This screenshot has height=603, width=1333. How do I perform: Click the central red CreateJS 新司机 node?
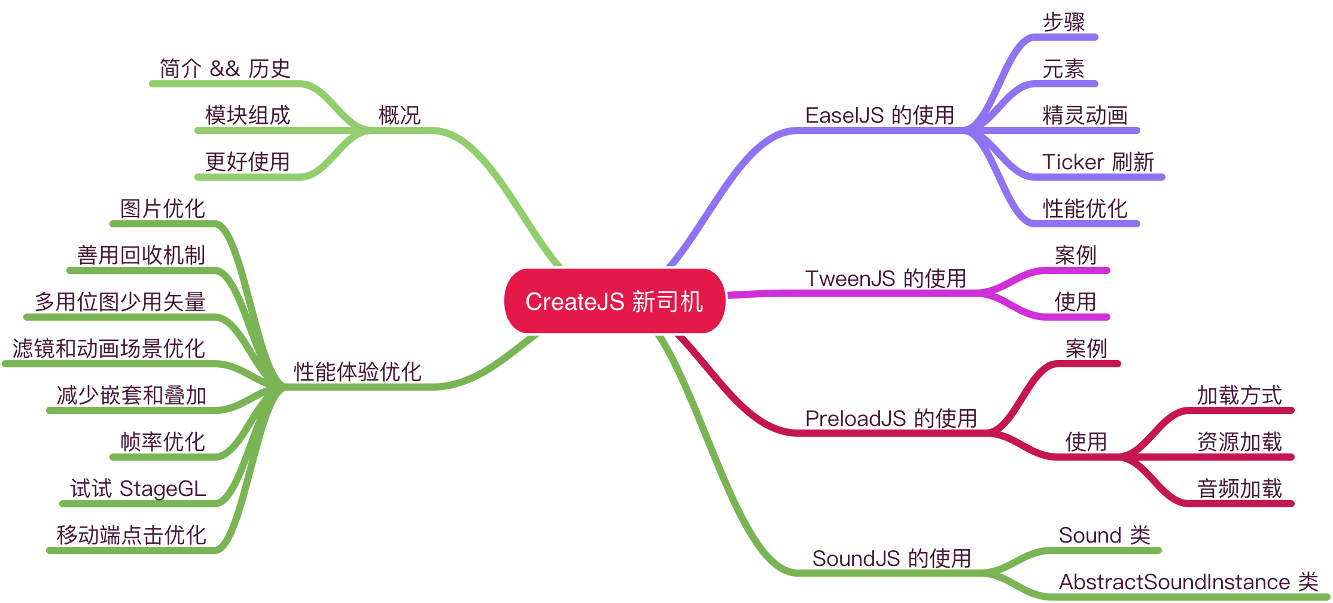(614, 301)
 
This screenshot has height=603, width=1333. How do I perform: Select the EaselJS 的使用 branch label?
(879, 115)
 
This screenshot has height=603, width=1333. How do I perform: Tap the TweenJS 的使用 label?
(885, 278)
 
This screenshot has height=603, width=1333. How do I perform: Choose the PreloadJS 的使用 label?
(891, 418)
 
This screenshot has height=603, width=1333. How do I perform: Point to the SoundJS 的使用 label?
(891, 558)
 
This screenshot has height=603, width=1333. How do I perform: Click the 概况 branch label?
(400, 115)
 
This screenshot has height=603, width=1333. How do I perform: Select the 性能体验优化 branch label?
(358, 371)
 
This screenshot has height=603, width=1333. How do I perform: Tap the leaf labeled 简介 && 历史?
(225, 68)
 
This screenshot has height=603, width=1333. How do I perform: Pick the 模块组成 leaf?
(248, 115)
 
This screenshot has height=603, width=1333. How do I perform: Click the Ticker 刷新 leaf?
(1098, 162)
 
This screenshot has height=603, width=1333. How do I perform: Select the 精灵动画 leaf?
(1085, 115)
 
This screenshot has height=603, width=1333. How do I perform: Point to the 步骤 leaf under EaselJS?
(1064, 22)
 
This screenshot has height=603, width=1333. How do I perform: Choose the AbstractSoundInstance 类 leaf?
(1188, 581)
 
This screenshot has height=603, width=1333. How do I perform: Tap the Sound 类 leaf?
(1104, 535)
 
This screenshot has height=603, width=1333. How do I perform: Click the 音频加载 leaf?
(1239, 488)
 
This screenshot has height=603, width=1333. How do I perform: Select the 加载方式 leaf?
(1239, 395)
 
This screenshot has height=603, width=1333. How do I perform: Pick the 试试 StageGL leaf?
(138, 488)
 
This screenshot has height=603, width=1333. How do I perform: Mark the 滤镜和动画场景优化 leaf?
(109, 348)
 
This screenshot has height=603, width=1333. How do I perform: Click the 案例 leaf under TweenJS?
(1075, 255)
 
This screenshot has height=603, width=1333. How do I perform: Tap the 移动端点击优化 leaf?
(132, 535)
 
